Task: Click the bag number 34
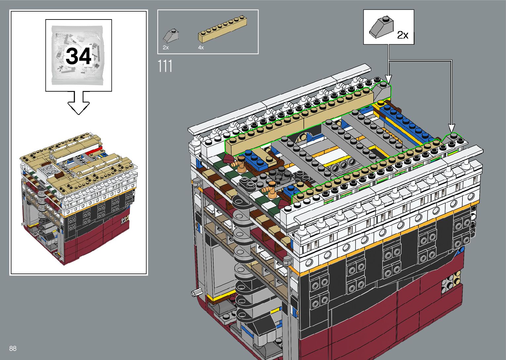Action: click(79, 56)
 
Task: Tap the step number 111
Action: click(165, 66)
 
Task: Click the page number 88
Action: click(13, 348)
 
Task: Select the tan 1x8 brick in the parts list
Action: click(222, 29)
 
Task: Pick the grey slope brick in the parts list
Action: click(171, 36)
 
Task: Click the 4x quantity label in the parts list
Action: click(201, 48)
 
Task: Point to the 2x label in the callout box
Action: click(403, 35)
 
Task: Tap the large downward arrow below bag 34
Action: click(79, 103)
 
